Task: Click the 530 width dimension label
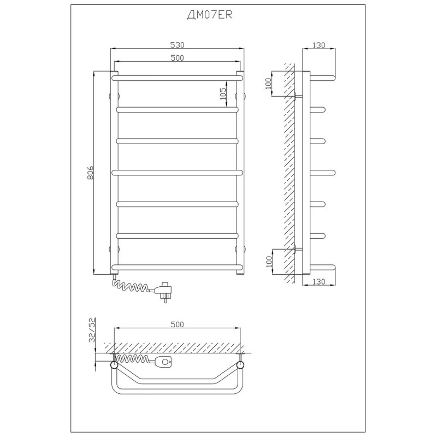(x=177, y=45)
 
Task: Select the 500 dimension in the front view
(x=177, y=58)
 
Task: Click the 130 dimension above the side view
(x=319, y=45)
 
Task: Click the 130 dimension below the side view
(x=319, y=281)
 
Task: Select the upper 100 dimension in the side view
(x=268, y=84)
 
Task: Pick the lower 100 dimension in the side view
(x=269, y=262)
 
